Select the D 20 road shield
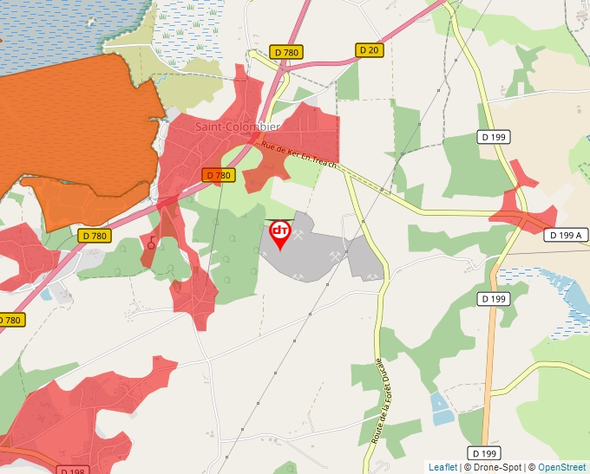[x=369, y=50]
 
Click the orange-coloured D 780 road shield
[x=220, y=175]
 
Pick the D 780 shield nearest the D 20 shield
[x=286, y=53]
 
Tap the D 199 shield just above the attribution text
[x=487, y=453]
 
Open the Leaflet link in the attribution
[x=442, y=467]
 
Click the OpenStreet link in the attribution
[x=563, y=467]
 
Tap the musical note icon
[x=152, y=243]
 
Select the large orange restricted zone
[x=78, y=130]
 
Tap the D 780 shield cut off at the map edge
[x=11, y=320]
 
